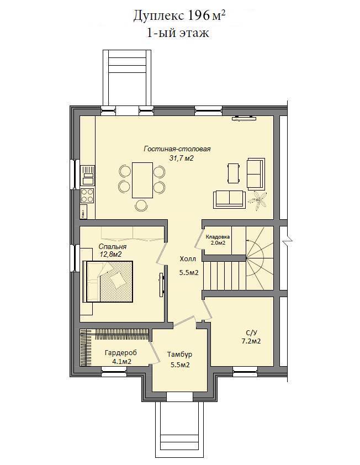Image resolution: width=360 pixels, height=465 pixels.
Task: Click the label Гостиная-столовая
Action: pyautogui.click(x=177, y=149)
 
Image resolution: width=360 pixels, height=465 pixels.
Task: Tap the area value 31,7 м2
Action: pyautogui.click(x=181, y=158)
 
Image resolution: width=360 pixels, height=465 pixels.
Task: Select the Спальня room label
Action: pyautogui.click(x=113, y=247)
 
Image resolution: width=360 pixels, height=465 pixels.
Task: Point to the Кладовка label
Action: pyautogui.click(x=218, y=237)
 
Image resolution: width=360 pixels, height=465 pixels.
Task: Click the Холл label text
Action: pyautogui.click(x=188, y=259)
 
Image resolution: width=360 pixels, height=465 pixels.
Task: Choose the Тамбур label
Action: pyautogui.click(x=179, y=355)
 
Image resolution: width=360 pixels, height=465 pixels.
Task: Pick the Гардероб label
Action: pyautogui.click(x=121, y=353)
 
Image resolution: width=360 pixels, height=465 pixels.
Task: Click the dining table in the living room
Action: pyautogui.click(x=142, y=180)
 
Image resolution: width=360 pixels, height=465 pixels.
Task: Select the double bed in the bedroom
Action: pyautogui.click(x=107, y=282)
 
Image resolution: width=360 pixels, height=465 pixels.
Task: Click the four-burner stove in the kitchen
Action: pyautogui.click(x=87, y=195)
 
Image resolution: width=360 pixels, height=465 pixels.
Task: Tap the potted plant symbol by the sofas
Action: pyautogui.click(x=260, y=202)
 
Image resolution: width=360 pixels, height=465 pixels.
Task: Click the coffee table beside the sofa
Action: pyautogui.click(x=234, y=173)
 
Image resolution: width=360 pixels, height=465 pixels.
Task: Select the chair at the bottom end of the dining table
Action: pyautogui.click(x=142, y=205)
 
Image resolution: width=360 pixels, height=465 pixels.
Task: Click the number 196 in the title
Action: pyautogui.click(x=198, y=15)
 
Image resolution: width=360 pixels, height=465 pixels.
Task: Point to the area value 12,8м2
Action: pyautogui.click(x=112, y=254)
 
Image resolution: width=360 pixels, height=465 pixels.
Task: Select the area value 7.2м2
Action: pyautogui.click(x=251, y=341)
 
